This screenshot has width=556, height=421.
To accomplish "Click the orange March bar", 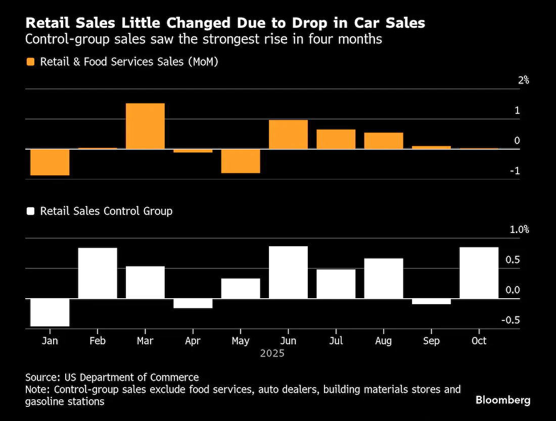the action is coord(145,126).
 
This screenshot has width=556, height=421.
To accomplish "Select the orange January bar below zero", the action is coord(50,162).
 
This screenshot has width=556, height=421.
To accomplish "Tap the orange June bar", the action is coord(288,134).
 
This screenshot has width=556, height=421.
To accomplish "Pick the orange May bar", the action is coord(241,161).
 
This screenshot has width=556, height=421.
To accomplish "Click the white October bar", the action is coord(479,273).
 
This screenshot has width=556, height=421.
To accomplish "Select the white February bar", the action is coord(98,273).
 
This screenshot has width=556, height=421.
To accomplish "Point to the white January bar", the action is coord(50,312).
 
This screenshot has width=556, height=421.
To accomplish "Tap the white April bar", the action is coord(193,304).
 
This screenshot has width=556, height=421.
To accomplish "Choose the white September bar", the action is coord(431,302).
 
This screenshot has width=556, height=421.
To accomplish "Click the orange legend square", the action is coord(30,62).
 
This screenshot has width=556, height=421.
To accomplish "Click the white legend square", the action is coord(30,211).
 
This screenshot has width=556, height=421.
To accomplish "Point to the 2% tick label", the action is coord(523,80).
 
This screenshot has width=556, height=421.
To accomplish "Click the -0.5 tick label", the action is coord(511,320).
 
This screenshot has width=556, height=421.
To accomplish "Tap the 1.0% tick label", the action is coord(519,229).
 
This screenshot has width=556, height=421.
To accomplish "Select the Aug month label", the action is coord(383,341).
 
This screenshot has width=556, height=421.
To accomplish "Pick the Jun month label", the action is coord(288,341).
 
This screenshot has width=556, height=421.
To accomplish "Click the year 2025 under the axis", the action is coord(272,353).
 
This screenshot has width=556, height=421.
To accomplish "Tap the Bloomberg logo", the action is coord(503,400).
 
